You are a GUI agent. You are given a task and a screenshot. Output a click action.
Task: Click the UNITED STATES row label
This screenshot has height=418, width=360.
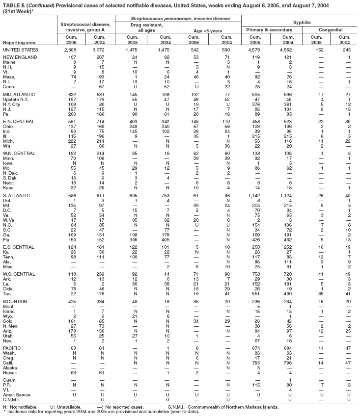click(x=19, y=50)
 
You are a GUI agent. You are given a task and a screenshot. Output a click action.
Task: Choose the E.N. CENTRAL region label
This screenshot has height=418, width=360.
click(x=18, y=120)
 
